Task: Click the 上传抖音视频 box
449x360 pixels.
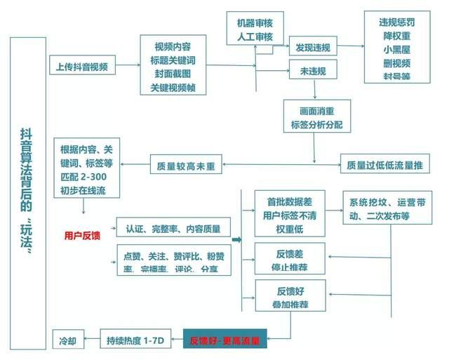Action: (82, 67)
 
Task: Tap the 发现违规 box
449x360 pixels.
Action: (313, 48)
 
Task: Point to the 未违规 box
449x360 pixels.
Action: (313, 70)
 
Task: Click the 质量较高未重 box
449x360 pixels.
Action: (186, 167)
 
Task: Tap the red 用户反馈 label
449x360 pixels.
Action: (81, 236)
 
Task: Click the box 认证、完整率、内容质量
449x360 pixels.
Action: (173, 229)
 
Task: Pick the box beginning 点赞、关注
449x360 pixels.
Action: (173, 261)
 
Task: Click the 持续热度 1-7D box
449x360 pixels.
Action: (135, 340)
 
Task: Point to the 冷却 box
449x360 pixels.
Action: (68, 340)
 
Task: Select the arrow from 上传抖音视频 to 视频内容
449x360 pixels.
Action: (126, 67)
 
